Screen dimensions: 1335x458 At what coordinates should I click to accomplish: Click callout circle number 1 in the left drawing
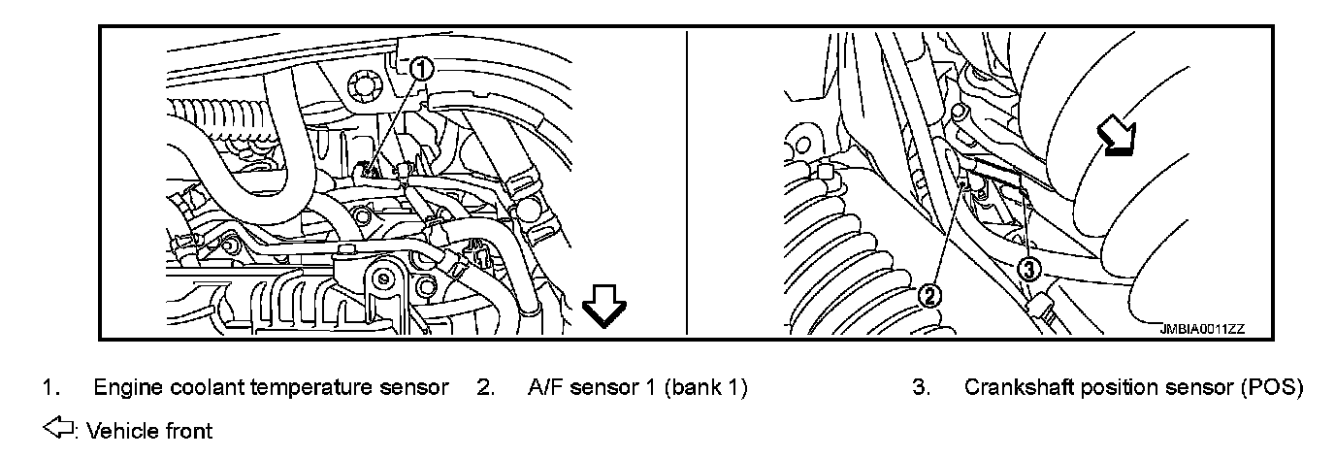[420, 69]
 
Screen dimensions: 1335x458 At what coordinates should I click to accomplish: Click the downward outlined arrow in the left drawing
[604, 311]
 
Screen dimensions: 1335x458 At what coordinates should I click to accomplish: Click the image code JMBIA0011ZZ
[1202, 329]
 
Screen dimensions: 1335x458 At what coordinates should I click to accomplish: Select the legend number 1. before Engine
[48, 388]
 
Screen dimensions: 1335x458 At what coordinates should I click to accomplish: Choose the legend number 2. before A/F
[486, 388]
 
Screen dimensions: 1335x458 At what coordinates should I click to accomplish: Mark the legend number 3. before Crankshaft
[921, 388]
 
